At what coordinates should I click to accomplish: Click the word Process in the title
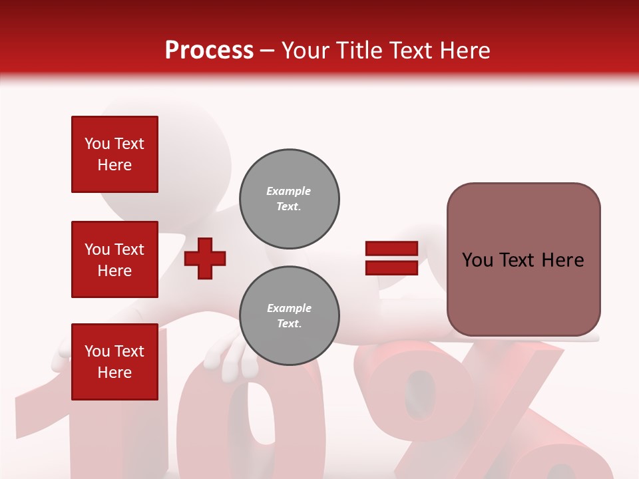point(209,50)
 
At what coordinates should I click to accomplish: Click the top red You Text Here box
point(114,154)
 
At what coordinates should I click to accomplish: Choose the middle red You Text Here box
point(114,259)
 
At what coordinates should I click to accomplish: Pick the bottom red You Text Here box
point(114,361)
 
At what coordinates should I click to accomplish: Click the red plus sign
point(205,258)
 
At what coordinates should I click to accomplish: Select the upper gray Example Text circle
point(289,199)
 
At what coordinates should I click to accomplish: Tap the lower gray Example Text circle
point(289,316)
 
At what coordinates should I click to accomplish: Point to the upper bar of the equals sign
point(391,249)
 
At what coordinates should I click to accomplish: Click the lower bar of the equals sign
point(391,268)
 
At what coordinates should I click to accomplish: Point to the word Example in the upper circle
point(289,191)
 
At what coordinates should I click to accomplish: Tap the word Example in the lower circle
point(289,308)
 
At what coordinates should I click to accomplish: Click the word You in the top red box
point(97,144)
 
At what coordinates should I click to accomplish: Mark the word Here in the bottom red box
point(114,373)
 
